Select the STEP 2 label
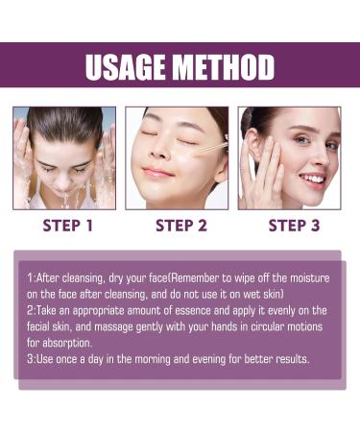pyautogui.click(x=180, y=226)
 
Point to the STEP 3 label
pyautogui.click(x=293, y=226)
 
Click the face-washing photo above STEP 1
pyautogui.click(x=64, y=157)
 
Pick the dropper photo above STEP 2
pyautogui.click(x=178, y=157)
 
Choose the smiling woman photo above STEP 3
pyautogui.click(x=290, y=157)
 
